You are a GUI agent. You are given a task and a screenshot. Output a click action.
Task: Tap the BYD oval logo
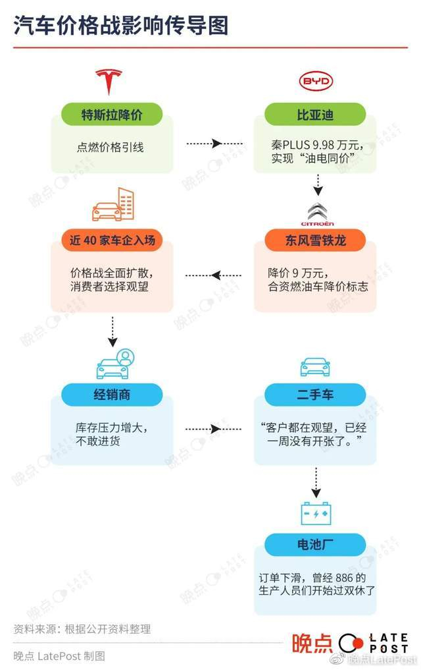pos(316,82)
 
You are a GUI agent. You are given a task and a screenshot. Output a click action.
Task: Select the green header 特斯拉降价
pos(111,115)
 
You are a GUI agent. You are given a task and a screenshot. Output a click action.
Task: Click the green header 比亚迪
pos(315,115)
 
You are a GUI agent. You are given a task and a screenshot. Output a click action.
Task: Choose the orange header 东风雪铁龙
pos(315,240)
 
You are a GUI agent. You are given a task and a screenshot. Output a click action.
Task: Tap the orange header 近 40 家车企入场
pos(112,240)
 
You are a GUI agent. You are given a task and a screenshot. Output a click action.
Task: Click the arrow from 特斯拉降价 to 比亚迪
pos(214,143)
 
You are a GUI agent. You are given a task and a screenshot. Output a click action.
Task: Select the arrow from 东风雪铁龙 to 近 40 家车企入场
pos(214,275)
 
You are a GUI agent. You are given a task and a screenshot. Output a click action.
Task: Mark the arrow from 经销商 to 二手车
pos(214,429)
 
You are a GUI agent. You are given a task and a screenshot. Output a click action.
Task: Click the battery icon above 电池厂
pos(316,513)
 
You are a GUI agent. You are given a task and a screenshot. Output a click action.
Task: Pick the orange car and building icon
pos(112,204)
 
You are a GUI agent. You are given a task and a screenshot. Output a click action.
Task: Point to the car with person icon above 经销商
pos(112,363)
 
